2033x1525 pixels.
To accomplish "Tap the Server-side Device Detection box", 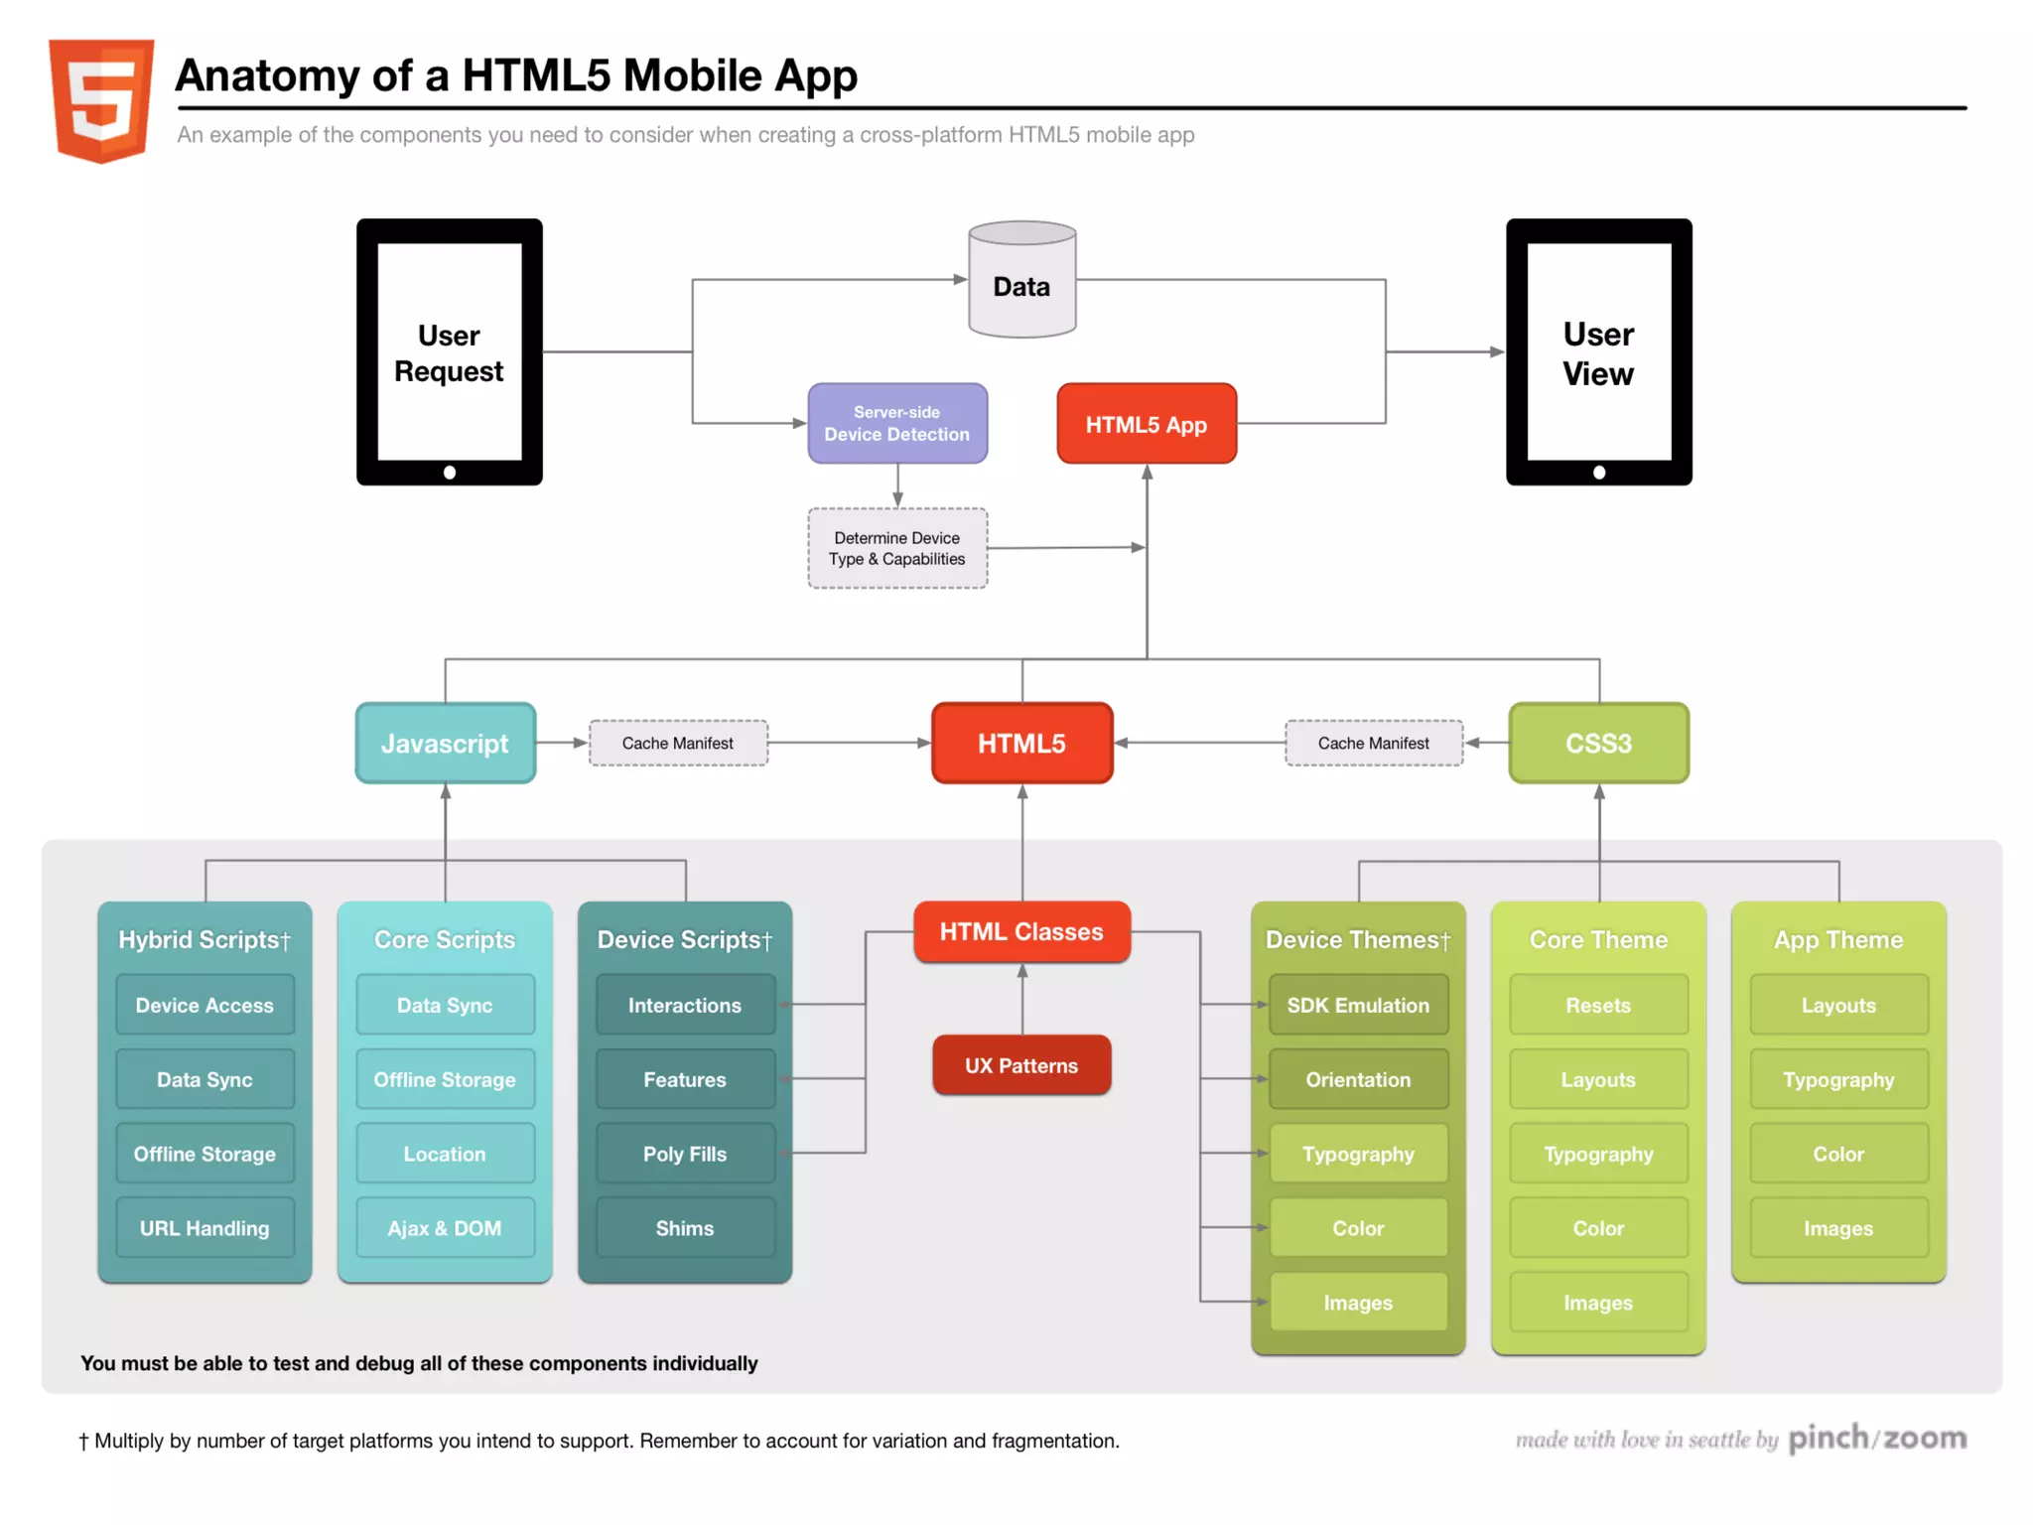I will click(897, 424).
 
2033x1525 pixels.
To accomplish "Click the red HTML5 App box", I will click(1147, 424).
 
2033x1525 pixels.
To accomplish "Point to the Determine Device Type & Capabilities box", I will click(897, 548).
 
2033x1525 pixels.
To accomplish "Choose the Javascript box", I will click(445, 744).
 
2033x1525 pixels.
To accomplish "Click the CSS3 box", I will click(1598, 744).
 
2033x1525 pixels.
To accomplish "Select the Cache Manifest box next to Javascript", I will click(678, 744).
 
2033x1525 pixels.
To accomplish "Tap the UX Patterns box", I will click(1021, 1065).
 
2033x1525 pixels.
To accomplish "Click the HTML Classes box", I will click(1021, 932).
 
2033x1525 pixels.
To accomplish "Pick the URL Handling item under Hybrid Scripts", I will click(204, 1228).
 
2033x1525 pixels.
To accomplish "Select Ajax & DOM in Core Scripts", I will click(445, 1228).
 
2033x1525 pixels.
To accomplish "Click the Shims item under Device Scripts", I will click(685, 1228).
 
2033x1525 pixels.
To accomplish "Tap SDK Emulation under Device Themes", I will click(1358, 1005).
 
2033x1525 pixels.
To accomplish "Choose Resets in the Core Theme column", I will click(1598, 1005).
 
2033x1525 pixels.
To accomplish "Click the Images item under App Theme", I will click(1838, 1228).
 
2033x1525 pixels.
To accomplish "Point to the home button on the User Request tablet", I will click(450, 473).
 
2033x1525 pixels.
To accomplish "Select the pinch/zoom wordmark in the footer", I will click(1877, 1438).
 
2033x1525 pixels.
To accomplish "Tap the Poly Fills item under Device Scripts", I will click(685, 1154).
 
